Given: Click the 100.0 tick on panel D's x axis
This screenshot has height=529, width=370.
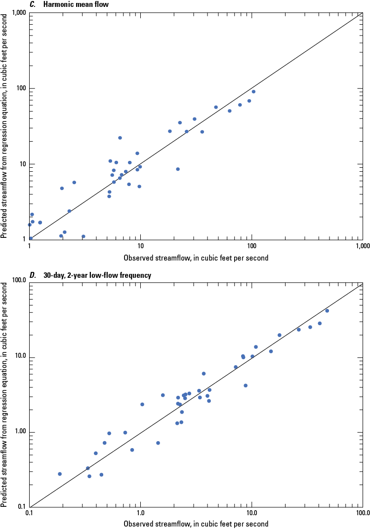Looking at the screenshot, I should pos(362,515).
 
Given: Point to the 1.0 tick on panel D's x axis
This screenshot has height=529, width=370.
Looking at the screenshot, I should pos(140,515).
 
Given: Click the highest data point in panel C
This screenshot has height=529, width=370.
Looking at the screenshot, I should pos(253,91).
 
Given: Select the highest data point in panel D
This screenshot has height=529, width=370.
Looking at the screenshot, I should pos(327,310).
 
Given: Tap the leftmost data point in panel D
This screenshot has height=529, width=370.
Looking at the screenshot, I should pos(60,474).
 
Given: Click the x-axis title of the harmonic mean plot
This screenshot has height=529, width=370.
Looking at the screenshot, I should pos(196,258).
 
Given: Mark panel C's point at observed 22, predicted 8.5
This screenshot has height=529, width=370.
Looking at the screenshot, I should pos(178,169).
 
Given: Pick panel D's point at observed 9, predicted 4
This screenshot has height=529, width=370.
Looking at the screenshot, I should pos(246,385).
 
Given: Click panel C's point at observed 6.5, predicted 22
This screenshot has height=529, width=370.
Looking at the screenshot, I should pos(120,138).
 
